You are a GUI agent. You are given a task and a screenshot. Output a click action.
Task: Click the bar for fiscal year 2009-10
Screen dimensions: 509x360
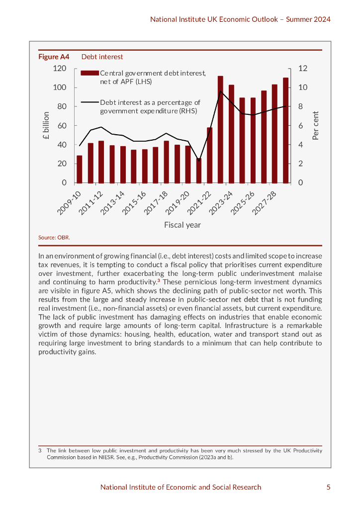point(80,169)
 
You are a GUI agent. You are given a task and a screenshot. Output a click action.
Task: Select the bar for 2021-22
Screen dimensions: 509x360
point(210,155)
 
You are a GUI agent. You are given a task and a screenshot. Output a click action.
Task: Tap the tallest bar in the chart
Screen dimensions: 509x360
point(220,129)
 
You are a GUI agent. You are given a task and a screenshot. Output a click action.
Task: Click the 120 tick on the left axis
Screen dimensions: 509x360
point(60,69)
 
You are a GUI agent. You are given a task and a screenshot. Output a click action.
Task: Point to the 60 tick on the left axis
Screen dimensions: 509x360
point(62,126)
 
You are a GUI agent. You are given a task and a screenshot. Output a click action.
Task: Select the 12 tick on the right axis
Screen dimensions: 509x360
point(302,69)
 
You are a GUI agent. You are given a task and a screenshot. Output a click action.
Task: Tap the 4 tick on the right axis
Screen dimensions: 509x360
point(300,145)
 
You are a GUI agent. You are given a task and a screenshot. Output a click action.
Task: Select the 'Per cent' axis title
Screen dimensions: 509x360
point(315,125)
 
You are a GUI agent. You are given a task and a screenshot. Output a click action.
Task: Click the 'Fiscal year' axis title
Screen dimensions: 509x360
point(182,225)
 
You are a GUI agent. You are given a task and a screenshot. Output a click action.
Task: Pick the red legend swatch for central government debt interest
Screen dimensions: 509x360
point(90,73)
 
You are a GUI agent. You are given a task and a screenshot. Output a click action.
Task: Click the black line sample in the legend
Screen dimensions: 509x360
point(90,102)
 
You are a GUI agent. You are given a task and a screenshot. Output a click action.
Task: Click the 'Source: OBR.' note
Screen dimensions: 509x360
point(54,238)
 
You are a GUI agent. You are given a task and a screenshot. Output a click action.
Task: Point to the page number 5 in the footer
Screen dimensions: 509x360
point(328,487)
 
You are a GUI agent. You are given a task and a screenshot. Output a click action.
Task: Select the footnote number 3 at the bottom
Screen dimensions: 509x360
point(40,451)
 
